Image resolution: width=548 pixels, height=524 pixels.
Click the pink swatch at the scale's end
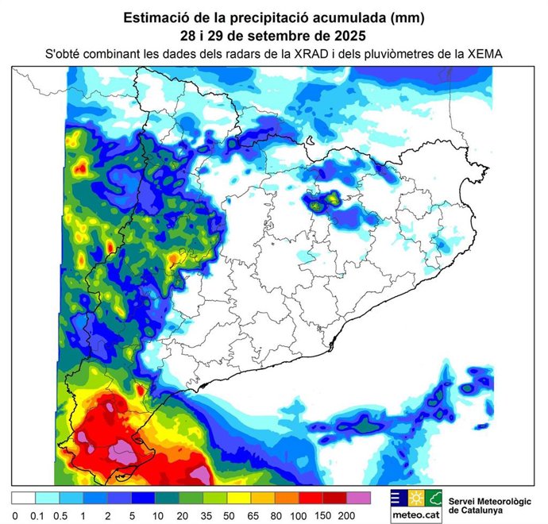coord(358,499)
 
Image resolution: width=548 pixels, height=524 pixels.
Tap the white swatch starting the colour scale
coord(23,499)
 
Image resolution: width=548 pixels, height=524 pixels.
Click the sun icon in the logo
coord(416,499)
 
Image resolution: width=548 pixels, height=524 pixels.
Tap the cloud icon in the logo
coord(433,499)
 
